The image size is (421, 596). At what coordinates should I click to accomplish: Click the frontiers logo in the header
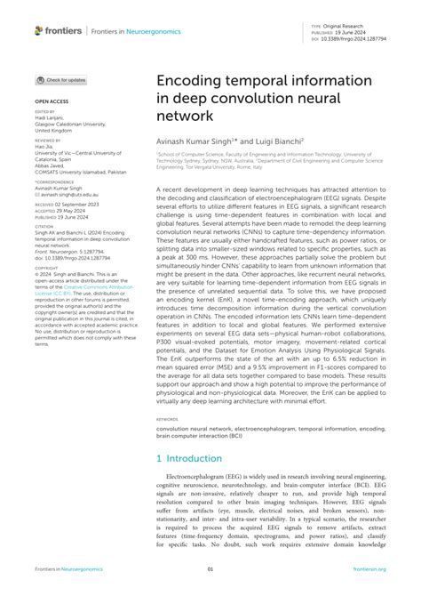58,30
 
